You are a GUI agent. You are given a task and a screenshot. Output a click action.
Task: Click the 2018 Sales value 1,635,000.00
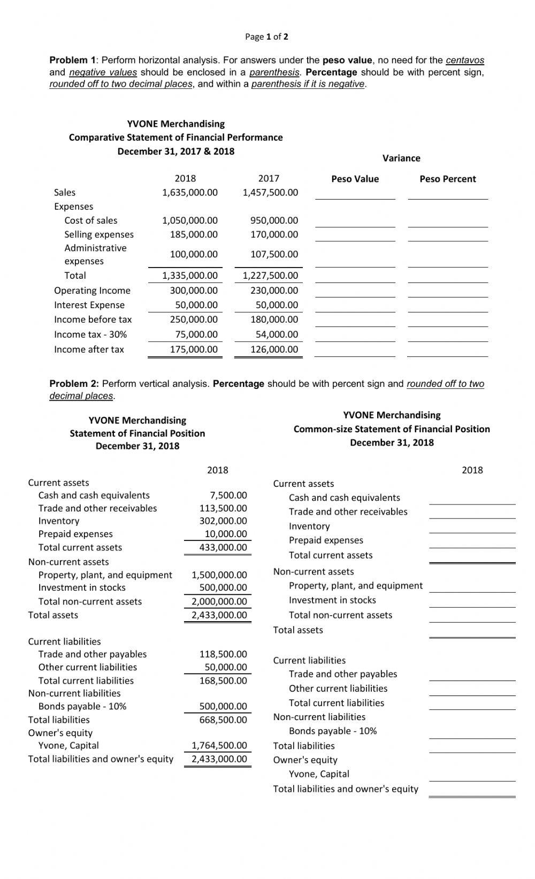click(190, 193)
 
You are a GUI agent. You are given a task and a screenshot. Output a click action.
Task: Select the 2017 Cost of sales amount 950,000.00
click(274, 220)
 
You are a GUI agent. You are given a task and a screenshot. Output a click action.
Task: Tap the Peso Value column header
click(355, 179)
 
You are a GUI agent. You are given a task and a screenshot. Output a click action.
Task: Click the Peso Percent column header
click(447, 179)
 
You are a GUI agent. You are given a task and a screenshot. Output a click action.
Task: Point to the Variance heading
click(401, 158)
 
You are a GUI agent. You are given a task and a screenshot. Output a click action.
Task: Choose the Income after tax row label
click(89, 349)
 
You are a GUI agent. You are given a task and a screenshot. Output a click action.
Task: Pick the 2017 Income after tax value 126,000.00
click(274, 349)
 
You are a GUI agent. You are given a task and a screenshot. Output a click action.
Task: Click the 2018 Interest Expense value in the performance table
click(196, 305)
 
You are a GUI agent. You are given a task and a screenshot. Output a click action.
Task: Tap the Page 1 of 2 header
click(266, 37)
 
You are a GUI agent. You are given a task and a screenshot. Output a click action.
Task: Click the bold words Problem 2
click(74, 384)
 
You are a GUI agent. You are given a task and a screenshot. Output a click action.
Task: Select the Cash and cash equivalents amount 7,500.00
click(228, 495)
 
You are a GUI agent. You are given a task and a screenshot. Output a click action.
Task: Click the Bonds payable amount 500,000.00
click(223, 706)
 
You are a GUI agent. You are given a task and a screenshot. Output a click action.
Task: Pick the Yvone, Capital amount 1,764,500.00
click(219, 745)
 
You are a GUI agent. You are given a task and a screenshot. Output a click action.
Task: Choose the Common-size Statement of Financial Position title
click(392, 429)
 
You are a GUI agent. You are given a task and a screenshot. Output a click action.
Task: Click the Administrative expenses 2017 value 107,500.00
click(274, 255)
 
